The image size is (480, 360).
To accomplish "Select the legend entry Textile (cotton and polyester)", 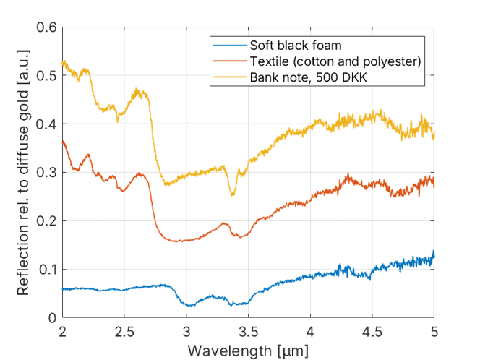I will click(x=335, y=60).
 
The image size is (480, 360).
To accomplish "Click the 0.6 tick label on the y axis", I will click(x=47, y=28).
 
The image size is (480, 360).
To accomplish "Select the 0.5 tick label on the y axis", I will click(x=47, y=77).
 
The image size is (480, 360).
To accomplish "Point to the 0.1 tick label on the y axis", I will click(x=47, y=270).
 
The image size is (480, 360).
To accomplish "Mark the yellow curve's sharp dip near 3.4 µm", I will click(x=233, y=195).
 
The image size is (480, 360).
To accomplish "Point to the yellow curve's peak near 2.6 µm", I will click(x=138, y=90).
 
